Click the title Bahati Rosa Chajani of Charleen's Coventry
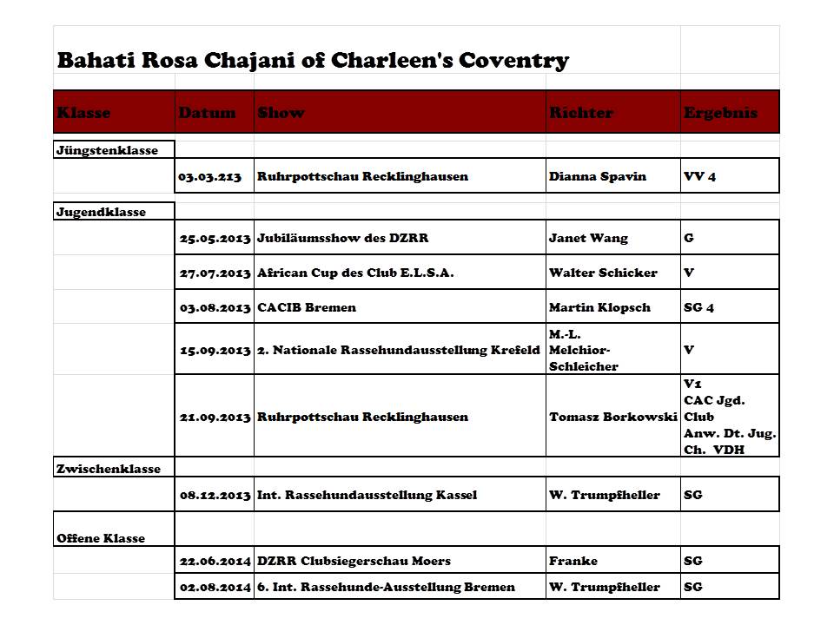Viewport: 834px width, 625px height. pos(313,61)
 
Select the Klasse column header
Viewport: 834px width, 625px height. pos(84,113)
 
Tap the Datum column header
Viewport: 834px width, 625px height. pos(207,113)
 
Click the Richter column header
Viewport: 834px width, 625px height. pos(581,113)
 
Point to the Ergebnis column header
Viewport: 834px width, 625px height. pos(720,113)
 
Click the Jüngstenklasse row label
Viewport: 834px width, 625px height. pos(107,150)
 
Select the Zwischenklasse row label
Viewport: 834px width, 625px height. pos(109,469)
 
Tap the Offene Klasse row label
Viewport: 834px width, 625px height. pos(101,538)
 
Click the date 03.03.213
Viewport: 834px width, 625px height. pos(209,176)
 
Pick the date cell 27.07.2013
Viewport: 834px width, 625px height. pos(215,273)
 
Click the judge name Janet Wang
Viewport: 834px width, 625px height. pos(588,238)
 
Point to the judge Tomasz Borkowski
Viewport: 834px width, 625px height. pos(612,417)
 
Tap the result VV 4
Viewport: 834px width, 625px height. pos(700,176)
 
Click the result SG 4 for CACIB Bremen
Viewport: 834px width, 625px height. pos(699,307)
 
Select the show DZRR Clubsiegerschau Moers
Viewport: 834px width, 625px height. pos(354,561)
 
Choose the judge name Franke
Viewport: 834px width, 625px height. pos(573,561)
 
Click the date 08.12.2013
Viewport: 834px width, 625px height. pos(215,495)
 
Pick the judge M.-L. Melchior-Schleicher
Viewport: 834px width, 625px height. pos(584,350)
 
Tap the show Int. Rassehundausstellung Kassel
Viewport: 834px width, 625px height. pos(367,495)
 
